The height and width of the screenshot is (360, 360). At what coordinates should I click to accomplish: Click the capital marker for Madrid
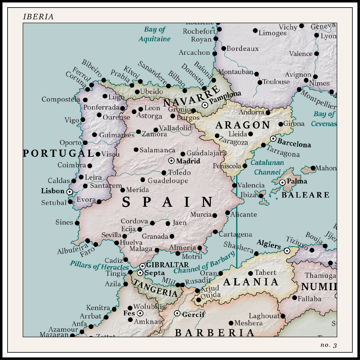pyautogui.click(x=172, y=161)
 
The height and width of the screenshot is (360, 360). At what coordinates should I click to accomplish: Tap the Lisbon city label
pyautogui.click(x=53, y=191)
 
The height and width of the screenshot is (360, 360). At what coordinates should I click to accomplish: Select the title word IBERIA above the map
pyautogui.click(x=38, y=17)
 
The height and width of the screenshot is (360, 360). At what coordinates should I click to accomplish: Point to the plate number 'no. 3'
pyautogui.click(x=328, y=345)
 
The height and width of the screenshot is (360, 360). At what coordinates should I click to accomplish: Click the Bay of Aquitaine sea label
pyautogui.click(x=154, y=34)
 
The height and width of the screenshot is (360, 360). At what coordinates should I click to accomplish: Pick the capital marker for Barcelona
pyautogui.click(x=273, y=139)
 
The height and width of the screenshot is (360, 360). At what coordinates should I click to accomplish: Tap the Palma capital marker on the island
pyautogui.click(x=283, y=183)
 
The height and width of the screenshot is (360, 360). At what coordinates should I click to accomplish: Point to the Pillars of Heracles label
pyautogui.click(x=99, y=266)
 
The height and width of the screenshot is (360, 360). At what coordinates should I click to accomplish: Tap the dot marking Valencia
pyautogui.click(x=234, y=185)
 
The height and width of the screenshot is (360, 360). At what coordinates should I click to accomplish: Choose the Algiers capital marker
pyautogui.click(x=287, y=251)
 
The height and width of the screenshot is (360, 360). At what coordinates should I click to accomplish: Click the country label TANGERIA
pyautogui.click(x=156, y=288)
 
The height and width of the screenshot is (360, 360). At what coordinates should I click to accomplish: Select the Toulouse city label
pyautogui.click(x=276, y=82)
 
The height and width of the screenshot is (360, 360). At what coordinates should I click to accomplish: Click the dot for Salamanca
pyautogui.click(x=136, y=150)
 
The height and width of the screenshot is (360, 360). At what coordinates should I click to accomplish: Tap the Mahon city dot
pyautogui.click(x=313, y=168)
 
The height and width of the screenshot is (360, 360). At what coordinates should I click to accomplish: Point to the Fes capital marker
pyautogui.click(x=140, y=313)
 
